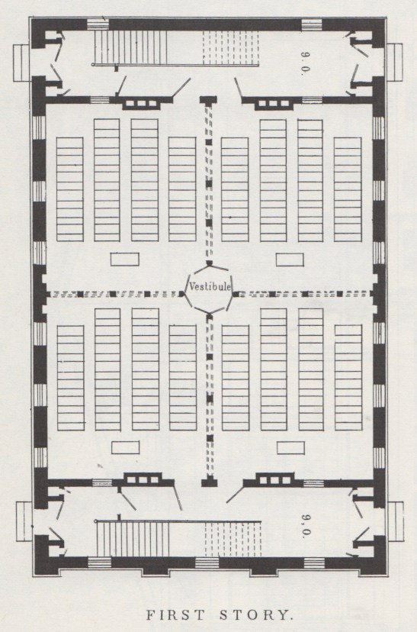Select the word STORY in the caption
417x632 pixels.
(255, 615)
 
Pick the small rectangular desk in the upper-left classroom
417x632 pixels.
(125, 260)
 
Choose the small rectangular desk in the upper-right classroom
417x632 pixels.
(290, 260)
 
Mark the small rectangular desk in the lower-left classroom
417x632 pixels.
(126, 448)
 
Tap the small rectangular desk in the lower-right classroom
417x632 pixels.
(290, 448)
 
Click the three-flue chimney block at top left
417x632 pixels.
(141, 104)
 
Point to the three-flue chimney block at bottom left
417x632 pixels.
(143, 479)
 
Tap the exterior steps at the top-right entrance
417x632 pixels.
(395, 62)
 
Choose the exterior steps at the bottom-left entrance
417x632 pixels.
(24, 521)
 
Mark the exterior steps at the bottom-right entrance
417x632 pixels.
(395, 521)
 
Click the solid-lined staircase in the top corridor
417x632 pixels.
(130, 47)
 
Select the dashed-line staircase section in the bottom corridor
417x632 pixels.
(233, 539)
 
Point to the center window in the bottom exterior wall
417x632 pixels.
(207, 563)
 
